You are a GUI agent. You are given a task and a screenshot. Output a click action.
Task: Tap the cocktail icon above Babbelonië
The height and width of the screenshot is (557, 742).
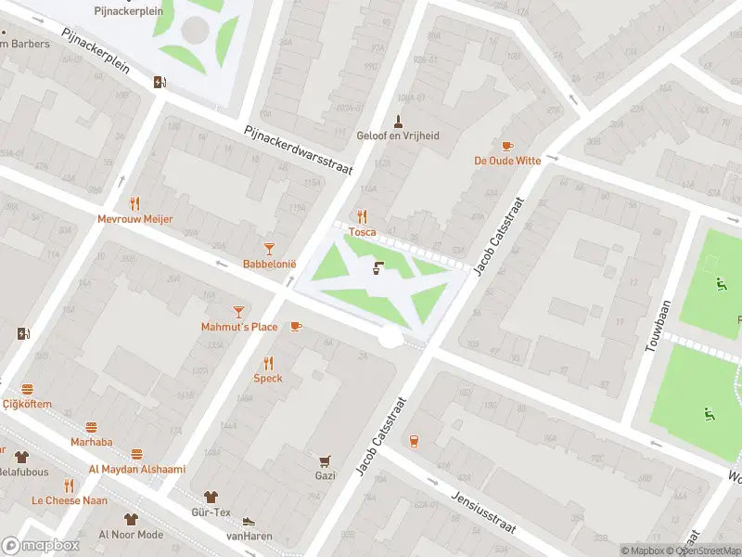(x=269, y=248)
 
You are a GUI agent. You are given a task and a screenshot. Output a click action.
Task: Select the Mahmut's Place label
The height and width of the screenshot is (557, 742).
(x=239, y=327)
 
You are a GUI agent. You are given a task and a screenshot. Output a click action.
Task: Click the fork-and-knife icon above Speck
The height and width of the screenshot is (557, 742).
(x=268, y=362)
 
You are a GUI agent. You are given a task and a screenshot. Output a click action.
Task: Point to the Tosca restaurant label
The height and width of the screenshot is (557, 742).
(x=362, y=232)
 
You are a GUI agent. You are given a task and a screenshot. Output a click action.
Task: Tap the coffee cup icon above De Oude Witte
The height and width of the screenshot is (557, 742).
(x=506, y=146)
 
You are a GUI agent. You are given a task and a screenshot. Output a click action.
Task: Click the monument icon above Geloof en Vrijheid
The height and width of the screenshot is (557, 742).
(x=398, y=120)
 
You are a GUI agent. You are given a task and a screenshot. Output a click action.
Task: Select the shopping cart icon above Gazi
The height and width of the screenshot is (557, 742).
(x=325, y=460)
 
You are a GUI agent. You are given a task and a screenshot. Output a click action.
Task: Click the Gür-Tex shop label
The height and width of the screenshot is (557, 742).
(x=211, y=512)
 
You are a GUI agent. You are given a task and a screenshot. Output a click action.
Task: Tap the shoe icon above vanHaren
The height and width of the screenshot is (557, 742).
(x=248, y=522)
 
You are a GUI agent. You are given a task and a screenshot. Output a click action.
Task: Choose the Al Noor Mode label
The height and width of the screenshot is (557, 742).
(x=131, y=535)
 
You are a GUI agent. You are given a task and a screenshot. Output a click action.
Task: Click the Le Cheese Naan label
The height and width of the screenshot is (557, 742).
(x=69, y=499)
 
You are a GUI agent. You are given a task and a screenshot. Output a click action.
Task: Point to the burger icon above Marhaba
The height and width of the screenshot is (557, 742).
(x=91, y=427)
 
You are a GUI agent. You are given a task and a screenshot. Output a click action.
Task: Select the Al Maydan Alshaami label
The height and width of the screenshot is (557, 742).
(x=136, y=469)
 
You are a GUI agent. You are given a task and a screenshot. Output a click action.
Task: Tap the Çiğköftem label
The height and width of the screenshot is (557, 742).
(x=27, y=404)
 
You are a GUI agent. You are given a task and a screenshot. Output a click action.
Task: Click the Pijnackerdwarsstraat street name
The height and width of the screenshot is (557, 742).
(x=288, y=149)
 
